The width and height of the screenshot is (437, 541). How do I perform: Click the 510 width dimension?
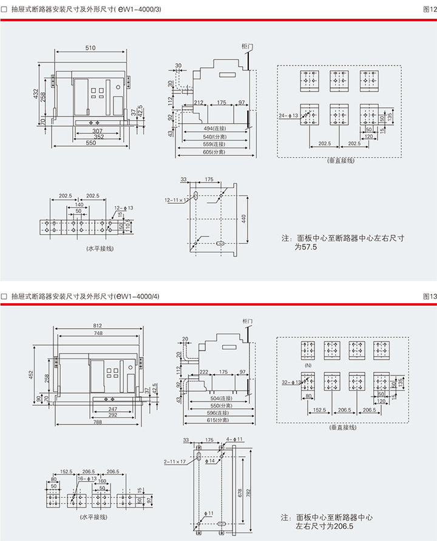click(x=90, y=48)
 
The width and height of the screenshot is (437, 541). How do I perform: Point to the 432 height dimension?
click(x=36, y=94)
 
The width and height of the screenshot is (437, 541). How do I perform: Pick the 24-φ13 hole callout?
click(x=288, y=115)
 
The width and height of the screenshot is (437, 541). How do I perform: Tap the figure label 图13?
click(x=429, y=296)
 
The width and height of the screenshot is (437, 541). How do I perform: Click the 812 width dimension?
click(x=98, y=326)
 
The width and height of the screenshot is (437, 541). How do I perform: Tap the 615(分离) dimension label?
click(x=217, y=420)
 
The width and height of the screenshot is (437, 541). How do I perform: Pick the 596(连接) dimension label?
click(x=217, y=412)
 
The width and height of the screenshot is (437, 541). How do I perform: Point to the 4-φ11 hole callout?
click(x=235, y=439)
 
